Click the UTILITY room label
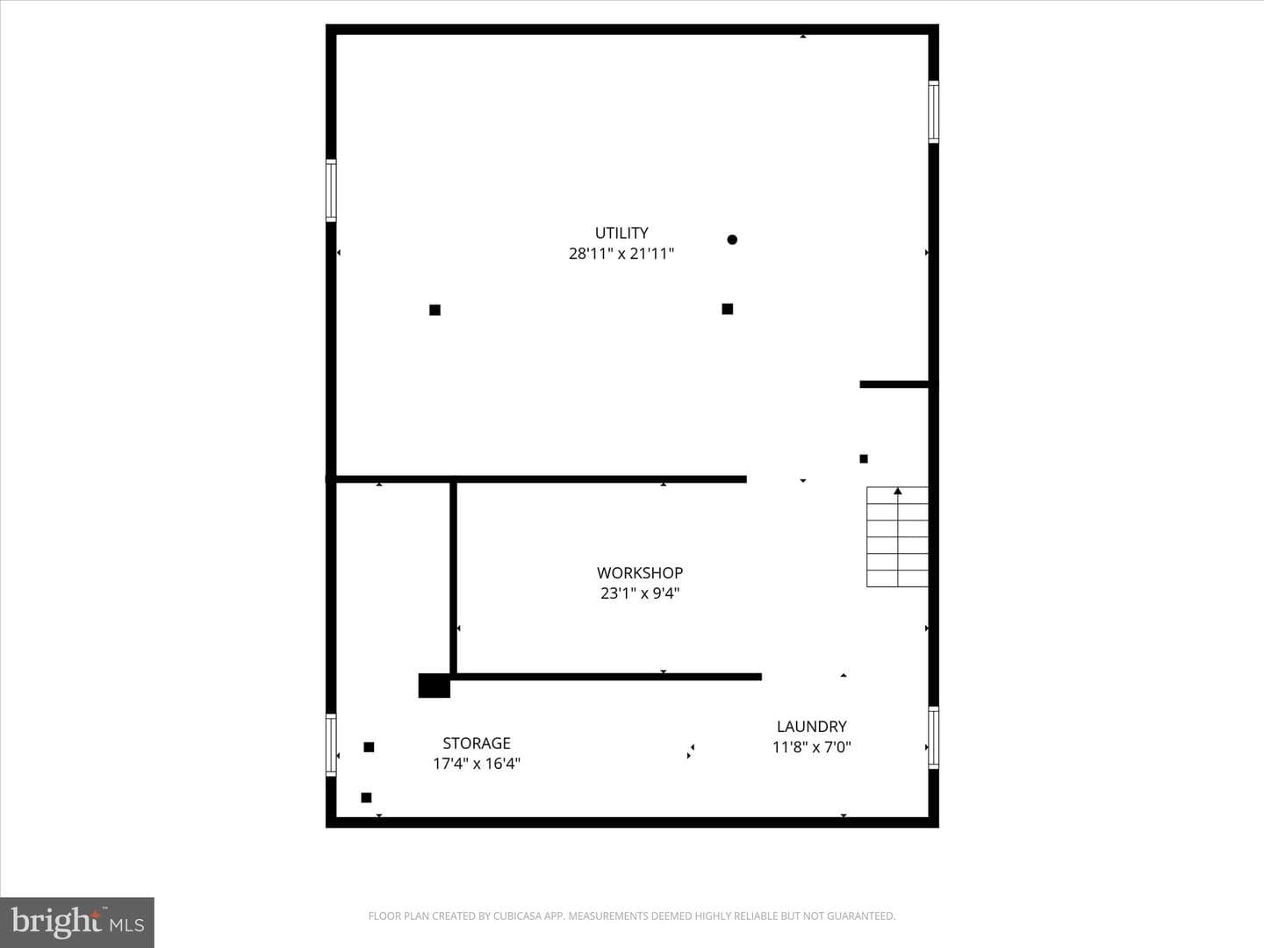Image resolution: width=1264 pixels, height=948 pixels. pyautogui.click(x=621, y=233)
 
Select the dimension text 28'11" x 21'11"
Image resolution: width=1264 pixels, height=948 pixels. pyautogui.click(x=621, y=254)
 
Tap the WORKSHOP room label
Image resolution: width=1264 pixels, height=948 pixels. pyautogui.click(x=640, y=572)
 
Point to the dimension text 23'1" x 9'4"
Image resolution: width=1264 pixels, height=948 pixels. pyautogui.click(x=640, y=593)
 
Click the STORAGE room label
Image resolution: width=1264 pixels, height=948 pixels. pyautogui.click(x=477, y=743)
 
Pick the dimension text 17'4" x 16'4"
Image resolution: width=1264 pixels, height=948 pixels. pyautogui.click(x=477, y=764)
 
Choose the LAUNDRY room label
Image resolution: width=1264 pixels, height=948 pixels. pyautogui.click(x=811, y=727)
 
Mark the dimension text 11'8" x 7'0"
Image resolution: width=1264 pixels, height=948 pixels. pyautogui.click(x=811, y=747)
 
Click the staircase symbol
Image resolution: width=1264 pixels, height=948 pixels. pyautogui.click(x=897, y=537)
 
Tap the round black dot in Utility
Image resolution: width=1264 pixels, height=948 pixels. pyautogui.click(x=732, y=240)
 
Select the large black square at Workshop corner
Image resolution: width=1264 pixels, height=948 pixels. pyautogui.click(x=434, y=686)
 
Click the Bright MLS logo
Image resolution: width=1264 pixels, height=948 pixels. pyautogui.click(x=77, y=923)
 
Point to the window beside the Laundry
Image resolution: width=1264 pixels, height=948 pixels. pyautogui.click(x=933, y=737)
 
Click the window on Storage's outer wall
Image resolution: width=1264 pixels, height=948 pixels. pyautogui.click(x=331, y=745)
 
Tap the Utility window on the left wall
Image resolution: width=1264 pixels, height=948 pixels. pyautogui.click(x=331, y=190)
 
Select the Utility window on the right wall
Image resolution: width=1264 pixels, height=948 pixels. pyautogui.click(x=933, y=111)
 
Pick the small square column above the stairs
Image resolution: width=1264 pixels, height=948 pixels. pyautogui.click(x=864, y=459)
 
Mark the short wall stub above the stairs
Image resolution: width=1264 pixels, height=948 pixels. pyautogui.click(x=894, y=384)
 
